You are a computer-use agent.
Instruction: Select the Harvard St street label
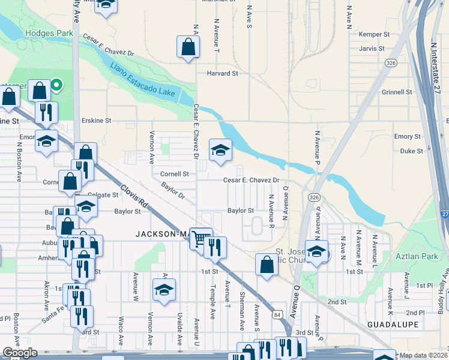[x=223, y=73]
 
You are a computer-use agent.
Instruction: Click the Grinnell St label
[x=397, y=92]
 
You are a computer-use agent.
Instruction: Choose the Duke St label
[x=411, y=151]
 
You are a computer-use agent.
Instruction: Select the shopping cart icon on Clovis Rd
[x=200, y=238]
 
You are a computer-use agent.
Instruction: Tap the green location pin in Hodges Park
[x=56, y=85]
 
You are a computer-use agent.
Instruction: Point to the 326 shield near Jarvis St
[x=391, y=62]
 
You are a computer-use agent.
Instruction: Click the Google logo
[x=20, y=352]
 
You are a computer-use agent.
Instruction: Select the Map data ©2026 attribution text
[x=424, y=355]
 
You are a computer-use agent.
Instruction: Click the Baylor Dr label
[x=173, y=191]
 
